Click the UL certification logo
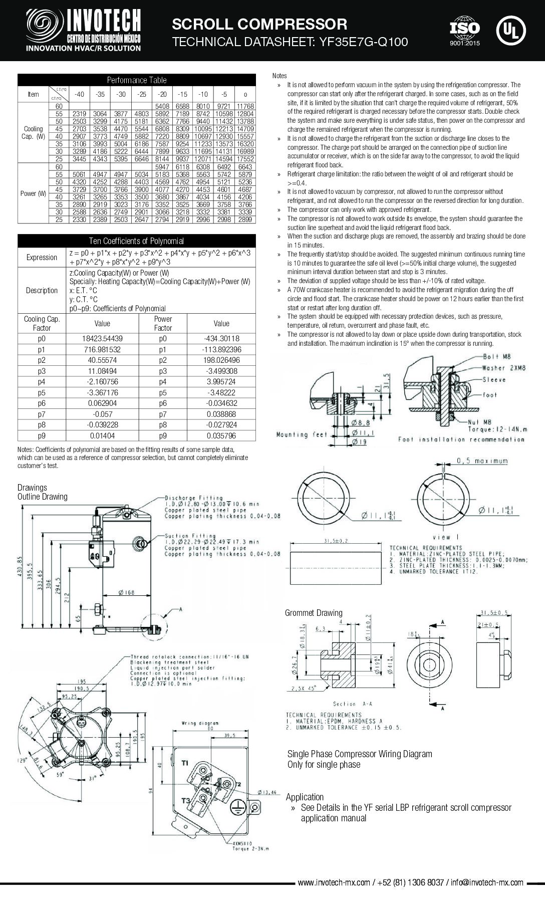[510, 30]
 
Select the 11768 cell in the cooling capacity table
[245, 106]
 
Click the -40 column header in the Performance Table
[79, 94]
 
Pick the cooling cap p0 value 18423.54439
[102, 338]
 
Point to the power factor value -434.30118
[221, 338]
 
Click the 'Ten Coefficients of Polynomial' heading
[136, 241]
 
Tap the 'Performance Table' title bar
[136, 80]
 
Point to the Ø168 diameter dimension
[127, 593]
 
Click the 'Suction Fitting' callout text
[190, 536]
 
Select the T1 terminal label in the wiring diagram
[185, 763]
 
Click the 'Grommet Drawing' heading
[314, 613]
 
